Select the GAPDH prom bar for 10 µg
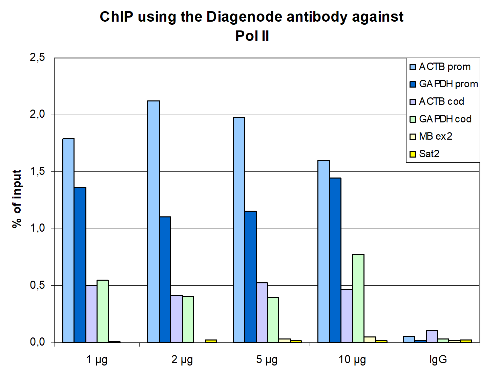(335, 260)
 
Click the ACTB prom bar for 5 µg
(239, 230)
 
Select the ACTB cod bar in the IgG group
(432, 336)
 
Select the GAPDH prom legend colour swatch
(413, 84)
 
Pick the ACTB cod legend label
(441, 101)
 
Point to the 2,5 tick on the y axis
(37, 57)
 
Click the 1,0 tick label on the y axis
(37, 229)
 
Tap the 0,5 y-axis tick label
(37, 285)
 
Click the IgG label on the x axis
(438, 359)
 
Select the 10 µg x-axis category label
(352, 359)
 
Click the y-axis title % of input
(17, 199)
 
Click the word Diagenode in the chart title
(245, 17)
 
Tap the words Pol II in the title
(252, 36)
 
